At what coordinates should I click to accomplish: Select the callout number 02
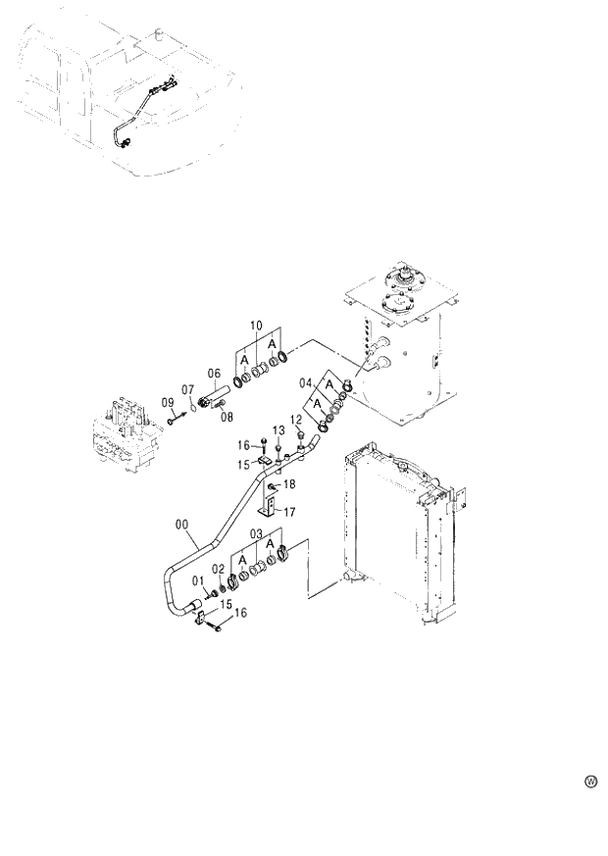[x=219, y=569]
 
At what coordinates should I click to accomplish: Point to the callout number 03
[x=256, y=533]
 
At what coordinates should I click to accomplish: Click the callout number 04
[x=305, y=382]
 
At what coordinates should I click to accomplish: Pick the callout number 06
[x=214, y=373]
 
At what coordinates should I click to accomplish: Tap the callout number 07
[x=188, y=390]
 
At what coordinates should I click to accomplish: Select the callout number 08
[x=227, y=417]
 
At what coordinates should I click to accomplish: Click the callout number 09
[x=168, y=403]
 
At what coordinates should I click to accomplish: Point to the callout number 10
[x=256, y=325]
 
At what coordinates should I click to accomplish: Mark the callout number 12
[x=294, y=422]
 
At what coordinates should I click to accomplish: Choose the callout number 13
[x=279, y=430]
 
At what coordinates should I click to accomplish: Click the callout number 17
[x=290, y=511]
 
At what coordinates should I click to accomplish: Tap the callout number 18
[x=289, y=485]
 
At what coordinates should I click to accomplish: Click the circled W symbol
[x=590, y=781]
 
